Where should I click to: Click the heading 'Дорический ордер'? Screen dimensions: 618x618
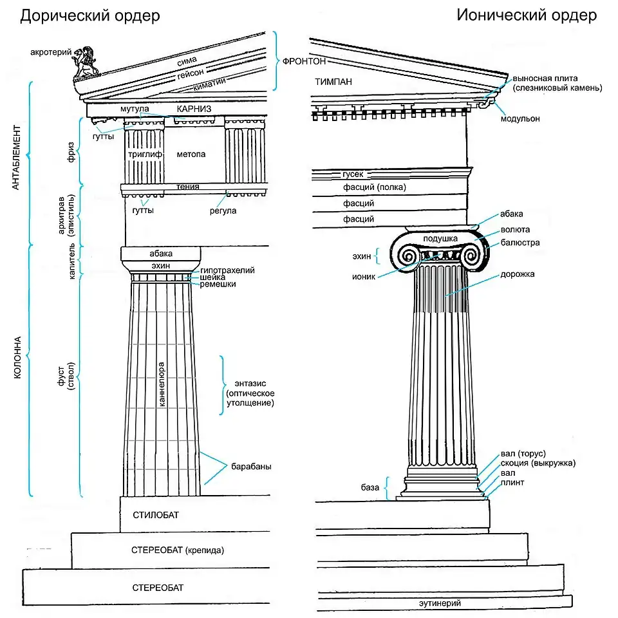click(90, 15)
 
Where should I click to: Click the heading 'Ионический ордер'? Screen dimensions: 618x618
click(527, 15)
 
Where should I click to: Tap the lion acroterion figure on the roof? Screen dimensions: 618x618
click(85, 62)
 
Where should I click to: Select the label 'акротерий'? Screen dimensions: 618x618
click(49, 51)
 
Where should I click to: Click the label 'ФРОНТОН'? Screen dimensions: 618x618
click(304, 61)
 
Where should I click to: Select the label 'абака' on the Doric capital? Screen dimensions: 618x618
click(160, 254)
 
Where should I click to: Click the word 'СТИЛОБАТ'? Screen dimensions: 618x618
click(156, 515)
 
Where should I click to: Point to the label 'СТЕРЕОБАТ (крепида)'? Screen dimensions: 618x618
click(177, 550)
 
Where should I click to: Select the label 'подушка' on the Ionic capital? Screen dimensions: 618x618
click(440, 239)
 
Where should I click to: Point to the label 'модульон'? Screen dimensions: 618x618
click(521, 118)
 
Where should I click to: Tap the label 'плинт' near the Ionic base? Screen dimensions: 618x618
click(512, 482)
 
